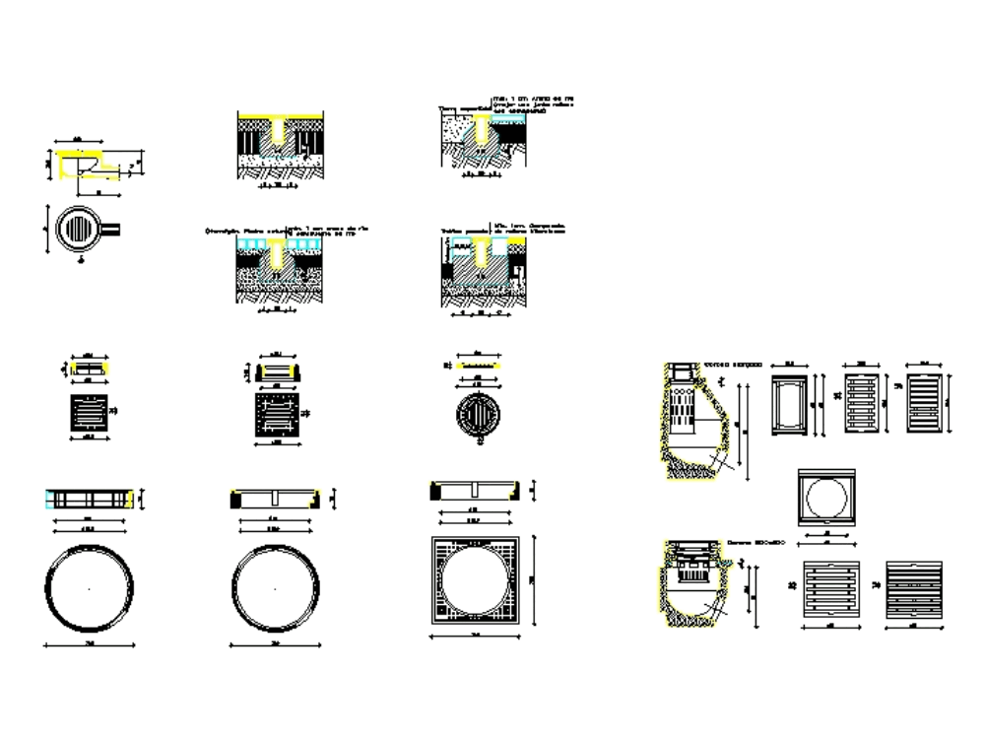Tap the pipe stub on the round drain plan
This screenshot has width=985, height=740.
(x=113, y=229)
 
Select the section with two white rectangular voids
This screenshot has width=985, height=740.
(x=479, y=264)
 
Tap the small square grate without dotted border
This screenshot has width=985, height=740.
(x=88, y=414)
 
